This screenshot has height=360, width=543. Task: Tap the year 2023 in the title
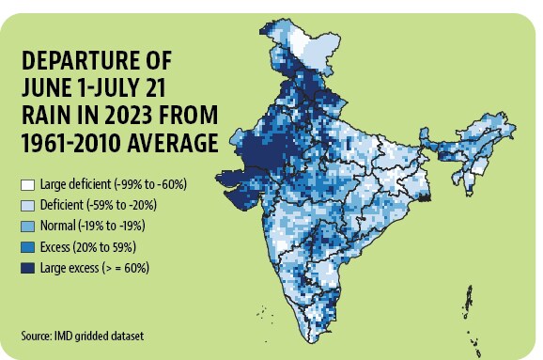click(x=129, y=115)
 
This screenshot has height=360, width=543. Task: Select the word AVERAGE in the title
click(x=173, y=143)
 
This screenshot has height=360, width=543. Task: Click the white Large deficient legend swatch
click(x=27, y=185)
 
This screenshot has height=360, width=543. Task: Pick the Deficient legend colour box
click(x=27, y=206)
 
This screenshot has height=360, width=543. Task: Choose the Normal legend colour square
click(x=27, y=227)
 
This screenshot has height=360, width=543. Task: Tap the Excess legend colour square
click(x=27, y=247)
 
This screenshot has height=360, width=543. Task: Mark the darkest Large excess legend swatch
click(x=27, y=268)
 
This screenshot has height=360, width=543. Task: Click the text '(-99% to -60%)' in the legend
click(x=150, y=184)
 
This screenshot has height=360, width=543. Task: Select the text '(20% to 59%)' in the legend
click(x=104, y=247)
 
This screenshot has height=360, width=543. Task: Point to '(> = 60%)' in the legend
click(x=125, y=268)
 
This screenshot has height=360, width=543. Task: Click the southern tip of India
click(x=312, y=342)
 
